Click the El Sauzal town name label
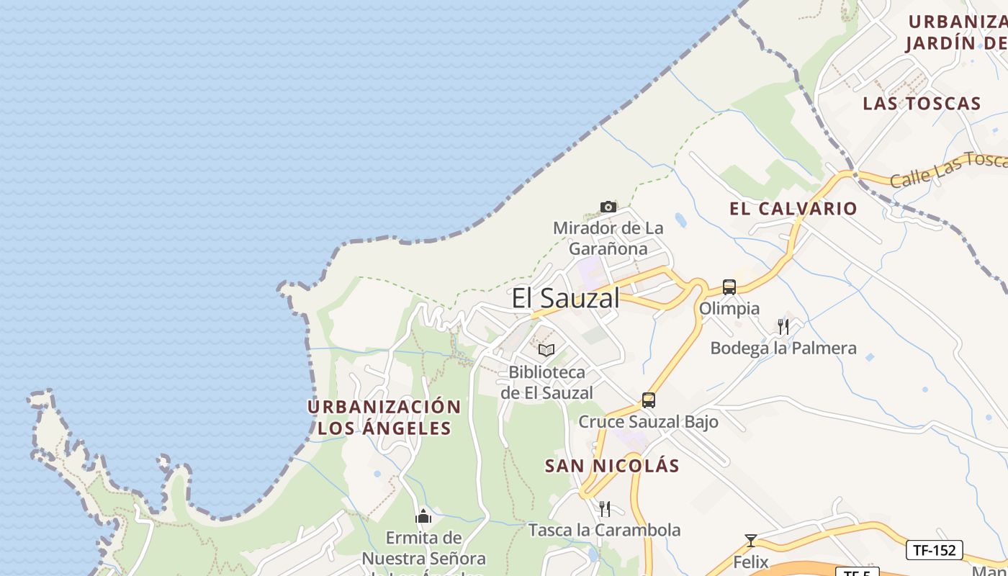point(565,297)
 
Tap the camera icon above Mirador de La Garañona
point(608,207)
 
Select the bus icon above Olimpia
point(729,287)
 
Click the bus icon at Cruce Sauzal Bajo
point(649,400)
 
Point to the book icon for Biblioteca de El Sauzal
point(546,351)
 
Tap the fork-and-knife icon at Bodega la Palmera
point(783,327)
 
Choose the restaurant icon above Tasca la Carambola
point(605,509)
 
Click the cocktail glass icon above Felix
point(751,540)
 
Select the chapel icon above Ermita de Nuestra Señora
point(423,516)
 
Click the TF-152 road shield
point(934,550)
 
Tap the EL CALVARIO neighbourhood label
point(793,209)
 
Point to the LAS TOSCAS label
point(922,104)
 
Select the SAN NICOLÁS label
point(612,466)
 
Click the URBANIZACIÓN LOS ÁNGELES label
point(384,418)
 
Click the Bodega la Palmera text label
point(783,348)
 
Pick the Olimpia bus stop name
point(729,308)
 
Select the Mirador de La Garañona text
point(608,238)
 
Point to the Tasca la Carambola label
point(604,531)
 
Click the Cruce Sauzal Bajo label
point(648,422)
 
